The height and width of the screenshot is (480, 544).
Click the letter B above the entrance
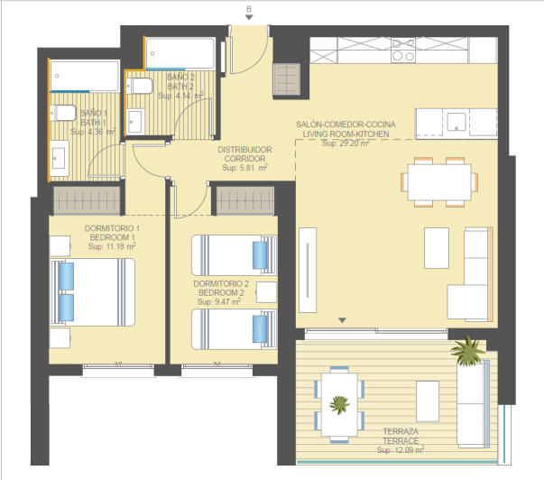[249, 9]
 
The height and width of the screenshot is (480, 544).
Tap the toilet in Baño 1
[63, 113]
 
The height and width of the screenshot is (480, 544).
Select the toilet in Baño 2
[139, 86]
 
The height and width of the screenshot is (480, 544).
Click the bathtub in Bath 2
[180, 53]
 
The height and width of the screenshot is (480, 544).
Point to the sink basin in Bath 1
[59, 158]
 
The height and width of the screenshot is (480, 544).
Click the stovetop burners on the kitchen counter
[403, 51]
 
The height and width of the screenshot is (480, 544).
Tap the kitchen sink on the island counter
[456, 122]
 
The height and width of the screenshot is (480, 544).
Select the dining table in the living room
[439, 182]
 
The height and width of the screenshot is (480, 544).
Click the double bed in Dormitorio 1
[92, 292]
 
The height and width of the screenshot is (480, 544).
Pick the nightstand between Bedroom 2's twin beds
[266, 292]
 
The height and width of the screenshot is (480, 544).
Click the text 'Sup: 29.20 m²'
[346, 143]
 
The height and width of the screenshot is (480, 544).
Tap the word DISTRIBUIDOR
[244, 150]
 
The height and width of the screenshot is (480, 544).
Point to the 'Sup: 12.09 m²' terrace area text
[401, 450]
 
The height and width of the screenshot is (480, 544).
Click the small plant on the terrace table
[339, 404]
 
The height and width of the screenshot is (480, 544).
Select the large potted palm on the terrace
[467, 351]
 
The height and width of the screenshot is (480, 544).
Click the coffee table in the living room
[437, 248]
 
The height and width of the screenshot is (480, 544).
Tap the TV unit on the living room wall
[308, 270]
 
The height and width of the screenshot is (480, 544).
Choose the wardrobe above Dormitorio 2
[245, 200]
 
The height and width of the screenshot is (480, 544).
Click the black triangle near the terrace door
[343, 320]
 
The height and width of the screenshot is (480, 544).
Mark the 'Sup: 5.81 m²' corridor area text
[245, 168]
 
